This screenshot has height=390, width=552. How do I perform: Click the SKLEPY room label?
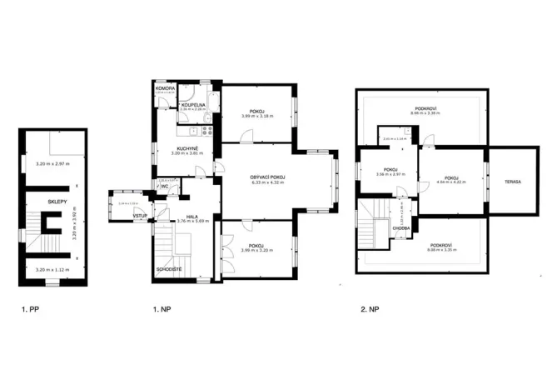[57, 202]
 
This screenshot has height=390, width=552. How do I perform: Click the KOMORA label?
[164, 87]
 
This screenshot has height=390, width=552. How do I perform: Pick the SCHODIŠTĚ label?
[169, 269]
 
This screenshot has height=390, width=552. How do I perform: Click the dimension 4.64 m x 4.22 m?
[452, 184]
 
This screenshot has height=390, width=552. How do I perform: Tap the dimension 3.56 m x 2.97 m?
[390, 175]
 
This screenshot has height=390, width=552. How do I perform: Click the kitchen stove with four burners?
[204, 130]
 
